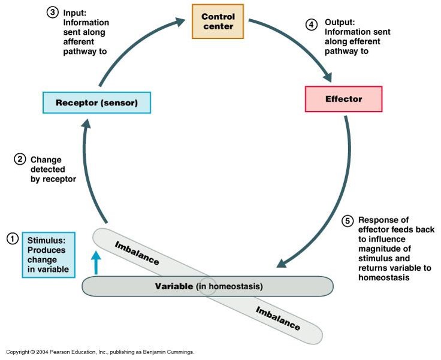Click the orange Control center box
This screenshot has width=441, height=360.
click(218, 22)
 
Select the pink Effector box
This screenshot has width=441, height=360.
click(344, 99)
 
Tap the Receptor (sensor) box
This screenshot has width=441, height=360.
click(96, 102)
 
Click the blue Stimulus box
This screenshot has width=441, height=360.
click(49, 255)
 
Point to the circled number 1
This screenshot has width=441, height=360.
click(13, 239)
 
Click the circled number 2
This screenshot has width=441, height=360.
click(20, 159)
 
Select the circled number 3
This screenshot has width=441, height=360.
click(52, 13)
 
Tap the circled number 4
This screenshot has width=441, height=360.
click(312, 25)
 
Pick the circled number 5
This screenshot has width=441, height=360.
click(348, 221)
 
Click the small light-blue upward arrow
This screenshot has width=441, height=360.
click(96, 263)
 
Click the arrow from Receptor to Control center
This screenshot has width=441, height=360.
click(132, 42)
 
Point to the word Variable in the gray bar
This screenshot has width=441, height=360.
click(174, 286)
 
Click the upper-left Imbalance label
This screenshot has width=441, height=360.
click(137, 253)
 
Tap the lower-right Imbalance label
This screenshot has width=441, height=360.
click(277, 318)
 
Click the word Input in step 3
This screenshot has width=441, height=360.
click(75, 13)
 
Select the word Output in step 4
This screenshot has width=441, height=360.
click(340, 22)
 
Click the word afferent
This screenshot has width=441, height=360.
click(78, 41)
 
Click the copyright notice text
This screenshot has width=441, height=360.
click(100, 352)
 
